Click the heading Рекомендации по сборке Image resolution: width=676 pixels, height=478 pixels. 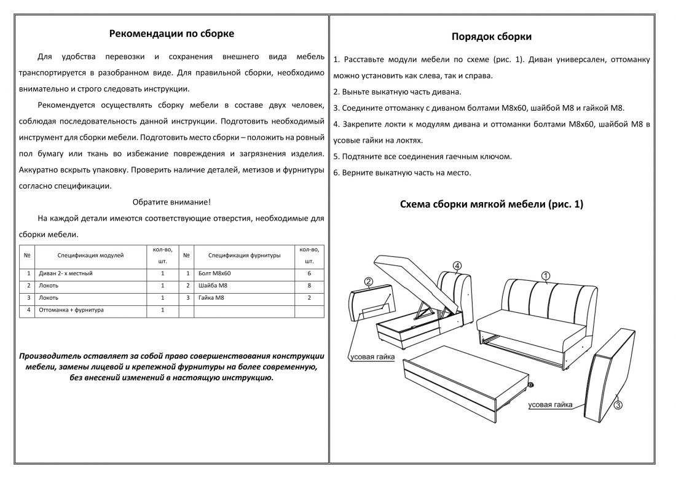171,34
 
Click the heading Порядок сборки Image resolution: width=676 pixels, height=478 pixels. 492,37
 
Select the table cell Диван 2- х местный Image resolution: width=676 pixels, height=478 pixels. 65,273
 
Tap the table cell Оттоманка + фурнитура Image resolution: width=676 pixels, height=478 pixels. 71,310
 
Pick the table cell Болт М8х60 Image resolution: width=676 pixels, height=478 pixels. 215,273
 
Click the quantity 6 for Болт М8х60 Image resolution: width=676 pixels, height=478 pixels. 309,273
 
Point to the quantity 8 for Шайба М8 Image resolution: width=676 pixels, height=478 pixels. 309,286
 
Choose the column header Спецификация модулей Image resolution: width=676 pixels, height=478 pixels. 90,254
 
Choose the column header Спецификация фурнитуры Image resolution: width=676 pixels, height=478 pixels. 244,254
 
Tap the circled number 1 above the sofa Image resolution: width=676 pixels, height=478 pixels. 545,275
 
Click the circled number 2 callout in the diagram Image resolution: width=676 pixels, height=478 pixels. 368,282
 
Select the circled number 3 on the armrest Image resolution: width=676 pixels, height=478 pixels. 618,405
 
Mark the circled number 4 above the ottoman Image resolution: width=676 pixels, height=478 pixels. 457,265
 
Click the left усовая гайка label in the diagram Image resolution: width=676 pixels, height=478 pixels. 371,357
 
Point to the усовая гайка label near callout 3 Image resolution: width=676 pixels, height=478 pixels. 550,405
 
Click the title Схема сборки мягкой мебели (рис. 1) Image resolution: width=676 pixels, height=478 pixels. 491,205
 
